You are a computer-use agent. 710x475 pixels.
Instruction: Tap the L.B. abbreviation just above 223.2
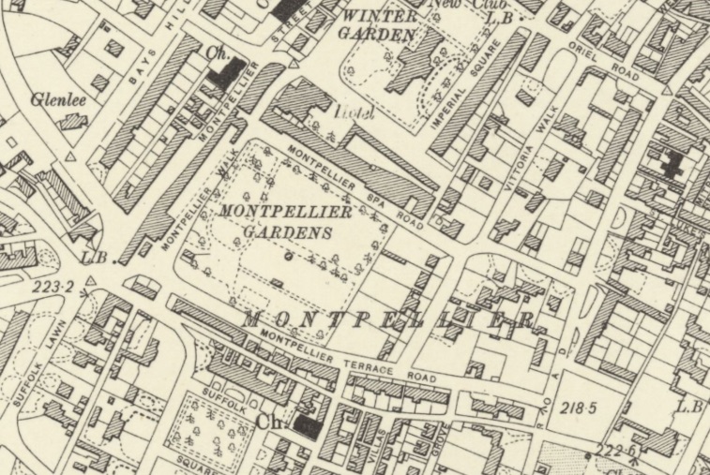(94, 258)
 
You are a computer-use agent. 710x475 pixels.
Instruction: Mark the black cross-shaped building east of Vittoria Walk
(672, 164)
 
